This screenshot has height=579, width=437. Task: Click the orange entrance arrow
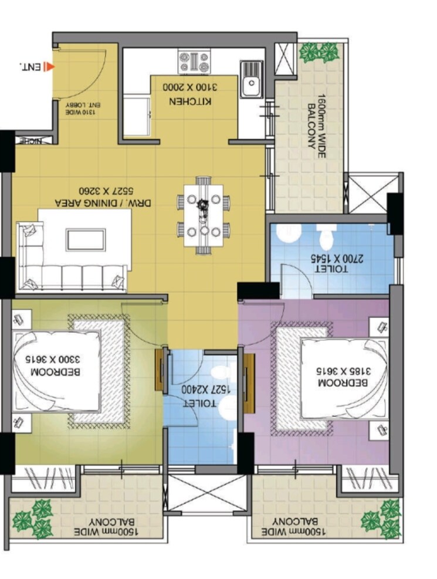(x=50, y=67)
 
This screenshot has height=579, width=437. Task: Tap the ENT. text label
(x=31, y=67)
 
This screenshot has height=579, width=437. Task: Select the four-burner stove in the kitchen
(x=194, y=60)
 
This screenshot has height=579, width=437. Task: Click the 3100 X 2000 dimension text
(x=194, y=88)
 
